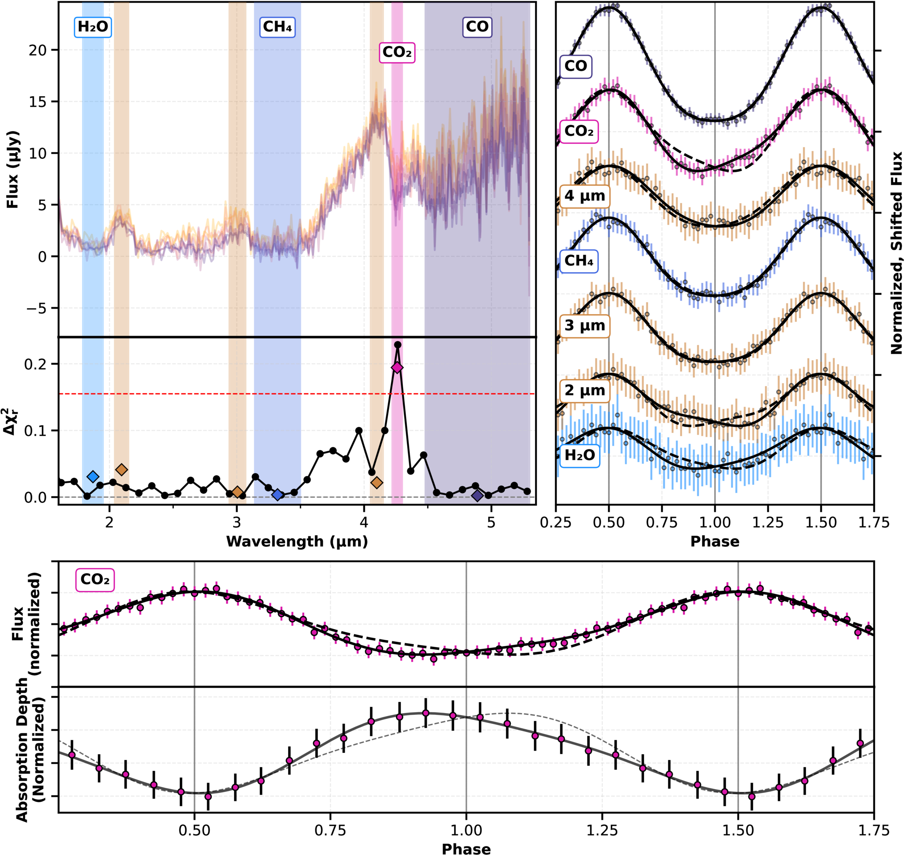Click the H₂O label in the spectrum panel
(x=93, y=27)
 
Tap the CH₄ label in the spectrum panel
(x=277, y=27)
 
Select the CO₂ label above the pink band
(x=397, y=52)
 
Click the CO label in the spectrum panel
(x=477, y=27)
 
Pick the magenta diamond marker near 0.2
(x=397, y=368)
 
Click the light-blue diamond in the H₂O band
(x=93, y=477)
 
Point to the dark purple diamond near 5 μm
(x=477, y=496)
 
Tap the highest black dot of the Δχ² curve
(x=398, y=345)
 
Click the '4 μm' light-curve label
(x=584, y=196)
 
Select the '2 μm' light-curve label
(x=584, y=390)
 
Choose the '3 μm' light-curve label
(x=584, y=326)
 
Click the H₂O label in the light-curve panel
(x=579, y=455)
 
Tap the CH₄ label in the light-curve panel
(x=578, y=261)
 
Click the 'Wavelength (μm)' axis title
(x=297, y=542)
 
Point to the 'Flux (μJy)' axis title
(x=12, y=170)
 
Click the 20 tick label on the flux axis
(x=38, y=50)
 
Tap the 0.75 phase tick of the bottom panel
(x=330, y=830)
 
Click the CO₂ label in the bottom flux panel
(x=95, y=580)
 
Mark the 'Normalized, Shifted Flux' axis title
(x=896, y=253)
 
